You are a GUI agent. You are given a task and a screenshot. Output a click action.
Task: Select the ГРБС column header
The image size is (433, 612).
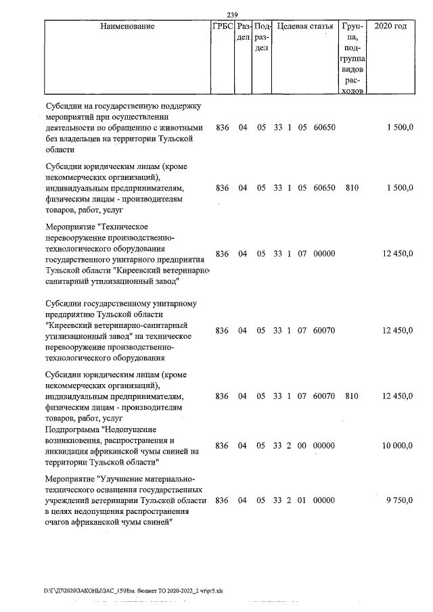(222, 26)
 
